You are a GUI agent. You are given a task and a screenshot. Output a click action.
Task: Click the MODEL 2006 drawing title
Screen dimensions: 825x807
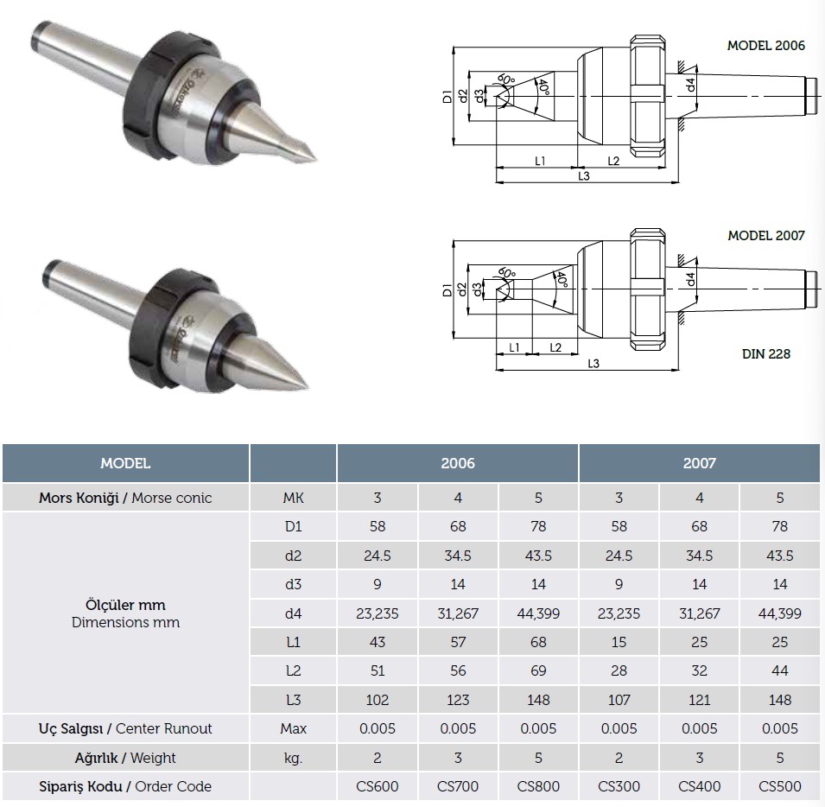coord(766,46)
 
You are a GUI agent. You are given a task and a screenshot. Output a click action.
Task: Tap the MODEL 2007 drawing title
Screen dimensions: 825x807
coord(766,236)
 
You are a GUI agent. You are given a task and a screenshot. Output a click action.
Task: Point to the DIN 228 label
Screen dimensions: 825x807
coord(766,354)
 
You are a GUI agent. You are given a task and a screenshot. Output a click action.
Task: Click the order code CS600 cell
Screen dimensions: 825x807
coord(378,786)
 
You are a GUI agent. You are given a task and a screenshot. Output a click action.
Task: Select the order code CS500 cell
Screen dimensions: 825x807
coord(780,786)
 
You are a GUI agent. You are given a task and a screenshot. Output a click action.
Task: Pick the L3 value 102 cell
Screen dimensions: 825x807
coord(378,700)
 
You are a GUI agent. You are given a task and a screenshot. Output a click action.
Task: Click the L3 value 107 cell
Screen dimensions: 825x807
coord(619,700)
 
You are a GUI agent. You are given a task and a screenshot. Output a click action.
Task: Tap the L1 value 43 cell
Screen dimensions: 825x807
coord(378,642)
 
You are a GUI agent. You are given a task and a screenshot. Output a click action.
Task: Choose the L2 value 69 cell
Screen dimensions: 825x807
coord(538,670)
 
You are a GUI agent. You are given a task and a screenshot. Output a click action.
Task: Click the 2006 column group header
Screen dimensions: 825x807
coord(458,463)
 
